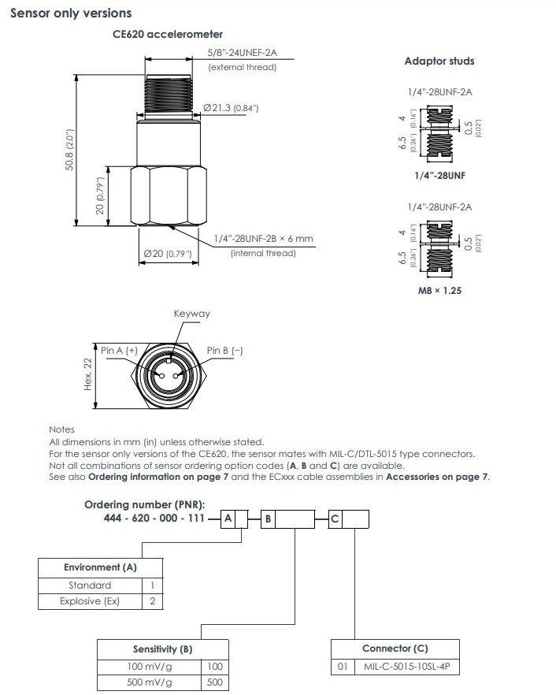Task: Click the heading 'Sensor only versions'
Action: (71, 13)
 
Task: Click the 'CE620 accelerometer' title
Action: (168, 34)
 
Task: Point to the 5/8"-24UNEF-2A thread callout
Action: (243, 54)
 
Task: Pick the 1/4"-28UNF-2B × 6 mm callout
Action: (263, 239)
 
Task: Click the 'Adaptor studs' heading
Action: (439, 61)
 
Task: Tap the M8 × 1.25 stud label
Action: (439, 290)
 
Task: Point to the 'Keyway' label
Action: (192, 314)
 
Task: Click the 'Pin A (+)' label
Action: (120, 350)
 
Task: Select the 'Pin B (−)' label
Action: (225, 350)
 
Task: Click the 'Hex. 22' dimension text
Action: (88, 373)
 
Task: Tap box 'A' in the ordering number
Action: (228, 518)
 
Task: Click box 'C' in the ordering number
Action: (335, 518)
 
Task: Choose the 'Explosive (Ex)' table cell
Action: (91, 601)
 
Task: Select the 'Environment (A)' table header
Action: (100, 567)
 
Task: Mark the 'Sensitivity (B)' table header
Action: (162, 649)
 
